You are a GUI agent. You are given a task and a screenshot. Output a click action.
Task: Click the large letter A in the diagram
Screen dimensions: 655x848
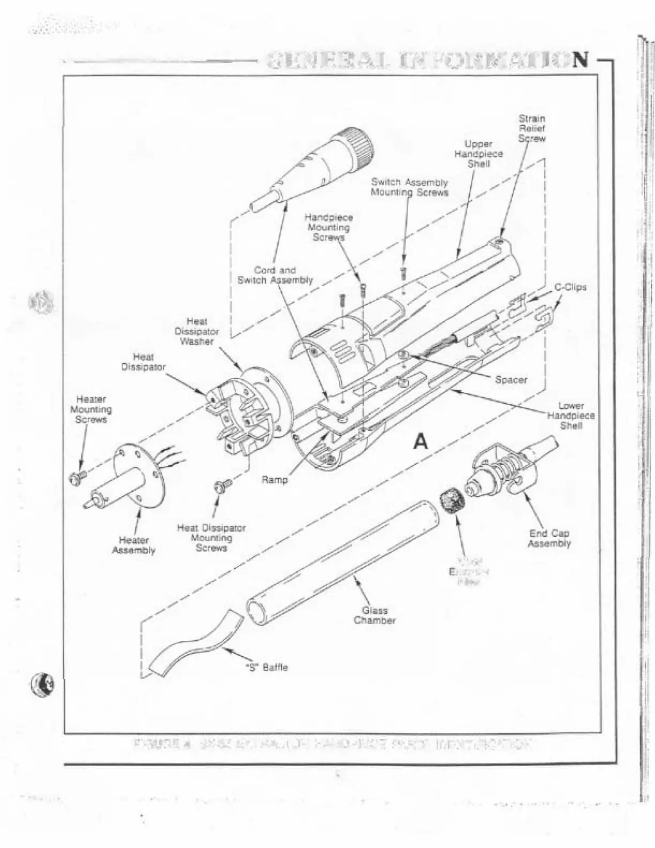click(x=421, y=442)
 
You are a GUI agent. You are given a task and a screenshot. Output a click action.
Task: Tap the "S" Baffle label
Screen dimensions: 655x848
click(x=266, y=668)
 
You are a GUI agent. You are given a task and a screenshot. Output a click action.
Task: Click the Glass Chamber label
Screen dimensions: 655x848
click(x=375, y=616)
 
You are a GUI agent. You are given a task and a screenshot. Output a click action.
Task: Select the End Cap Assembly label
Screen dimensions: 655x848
click(x=549, y=539)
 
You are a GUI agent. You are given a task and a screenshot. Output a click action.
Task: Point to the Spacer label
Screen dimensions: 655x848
click(x=511, y=380)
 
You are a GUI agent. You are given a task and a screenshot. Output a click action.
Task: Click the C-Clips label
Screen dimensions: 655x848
click(x=570, y=287)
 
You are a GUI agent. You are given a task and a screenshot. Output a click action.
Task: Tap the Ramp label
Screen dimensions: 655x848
click(x=275, y=480)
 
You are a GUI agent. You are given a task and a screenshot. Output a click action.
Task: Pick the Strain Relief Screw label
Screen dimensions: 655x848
click(x=532, y=128)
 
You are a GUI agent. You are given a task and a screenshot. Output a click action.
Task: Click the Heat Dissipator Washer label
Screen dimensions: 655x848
click(x=196, y=331)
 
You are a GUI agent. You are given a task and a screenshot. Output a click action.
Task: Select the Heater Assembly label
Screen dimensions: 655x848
click(x=134, y=545)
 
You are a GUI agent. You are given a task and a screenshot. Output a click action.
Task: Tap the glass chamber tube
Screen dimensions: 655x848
click(x=342, y=562)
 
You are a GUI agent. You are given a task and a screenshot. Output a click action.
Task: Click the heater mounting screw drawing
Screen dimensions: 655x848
click(x=77, y=478)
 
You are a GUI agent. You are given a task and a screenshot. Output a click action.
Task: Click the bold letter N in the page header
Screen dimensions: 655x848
click(x=580, y=60)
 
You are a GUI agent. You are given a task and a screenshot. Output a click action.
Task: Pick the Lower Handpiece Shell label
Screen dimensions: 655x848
click(x=571, y=416)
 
